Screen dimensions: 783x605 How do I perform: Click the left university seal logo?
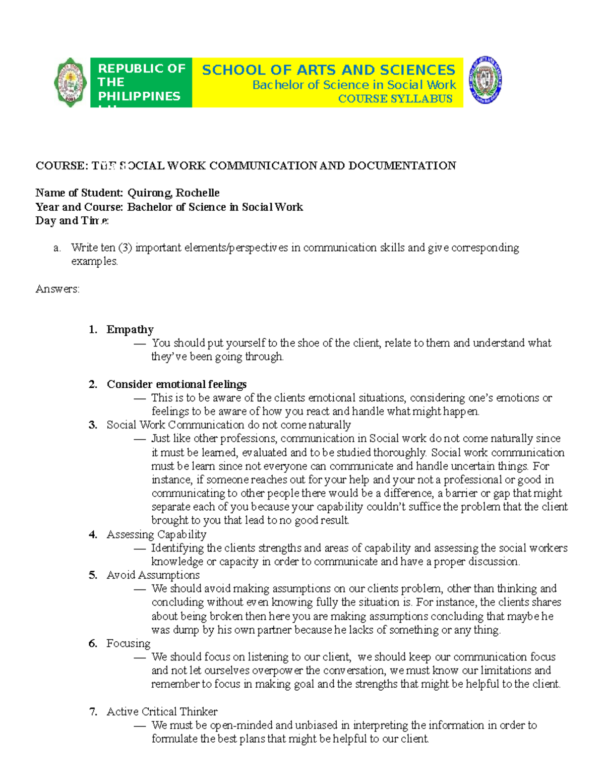(x=70, y=83)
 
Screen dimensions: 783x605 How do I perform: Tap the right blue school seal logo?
(x=485, y=80)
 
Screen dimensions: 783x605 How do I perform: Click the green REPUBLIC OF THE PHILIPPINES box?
(x=141, y=82)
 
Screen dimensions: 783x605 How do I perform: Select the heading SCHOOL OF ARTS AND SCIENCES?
(x=328, y=70)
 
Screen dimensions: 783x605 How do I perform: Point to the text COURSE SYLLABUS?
(x=395, y=99)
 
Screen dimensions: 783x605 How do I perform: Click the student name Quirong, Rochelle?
(x=173, y=193)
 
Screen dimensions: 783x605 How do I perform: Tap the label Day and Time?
(x=72, y=221)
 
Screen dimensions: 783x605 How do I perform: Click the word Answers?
(x=57, y=289)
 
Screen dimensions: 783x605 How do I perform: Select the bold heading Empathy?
(x=130, y=330)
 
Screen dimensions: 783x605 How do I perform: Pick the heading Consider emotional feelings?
(x=176, y=384)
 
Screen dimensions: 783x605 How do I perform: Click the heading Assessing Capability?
(x=156, y=534)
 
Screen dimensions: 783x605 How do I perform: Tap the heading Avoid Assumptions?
(x=153, y=575)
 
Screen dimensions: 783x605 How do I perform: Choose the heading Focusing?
(x=128, y=643)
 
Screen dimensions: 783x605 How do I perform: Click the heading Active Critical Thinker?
(x=162, y=712)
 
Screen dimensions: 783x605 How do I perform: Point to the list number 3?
(x=93, y=425)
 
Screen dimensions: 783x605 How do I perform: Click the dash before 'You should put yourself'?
(x=140, y=343)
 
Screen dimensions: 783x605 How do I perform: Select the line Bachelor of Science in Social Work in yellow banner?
(x=354, y=85)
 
